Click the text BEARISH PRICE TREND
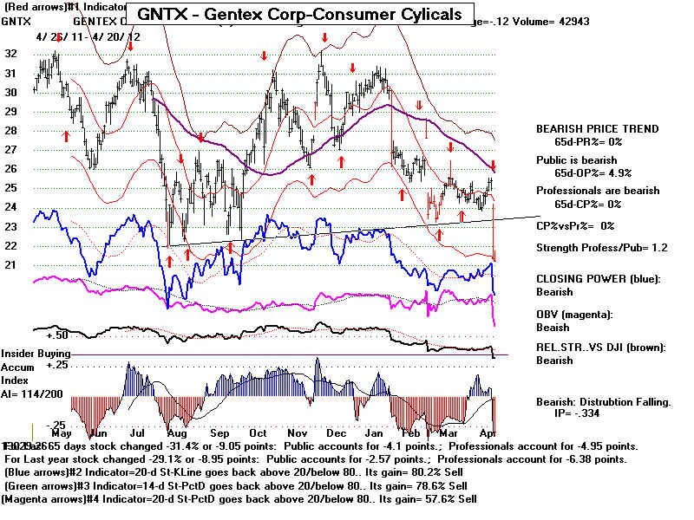597,129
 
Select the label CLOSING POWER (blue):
598,279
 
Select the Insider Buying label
35,354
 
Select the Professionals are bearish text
597,191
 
